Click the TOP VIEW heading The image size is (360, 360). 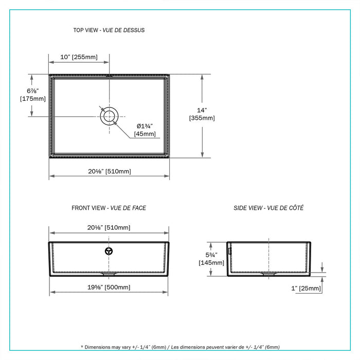coord(109,30)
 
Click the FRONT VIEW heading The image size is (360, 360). coord(109,208)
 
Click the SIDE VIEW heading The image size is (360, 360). coord(268,208)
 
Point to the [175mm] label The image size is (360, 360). coord(33,99)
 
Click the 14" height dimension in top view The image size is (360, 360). coord(202,110)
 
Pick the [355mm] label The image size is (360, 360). coord(202,118)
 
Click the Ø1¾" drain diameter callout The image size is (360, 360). coord(145,126)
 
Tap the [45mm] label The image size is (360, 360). coord(145,134)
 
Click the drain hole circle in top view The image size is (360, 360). coord(109,116)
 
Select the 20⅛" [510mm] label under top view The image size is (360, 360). coord(109,171)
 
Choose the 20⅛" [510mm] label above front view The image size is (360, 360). coord(109,228)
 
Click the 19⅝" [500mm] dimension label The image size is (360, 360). coord(109,287)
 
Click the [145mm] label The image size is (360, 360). coord(211,263)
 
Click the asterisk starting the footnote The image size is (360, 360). coord(82,348)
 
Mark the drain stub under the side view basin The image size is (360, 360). coord(268,275)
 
